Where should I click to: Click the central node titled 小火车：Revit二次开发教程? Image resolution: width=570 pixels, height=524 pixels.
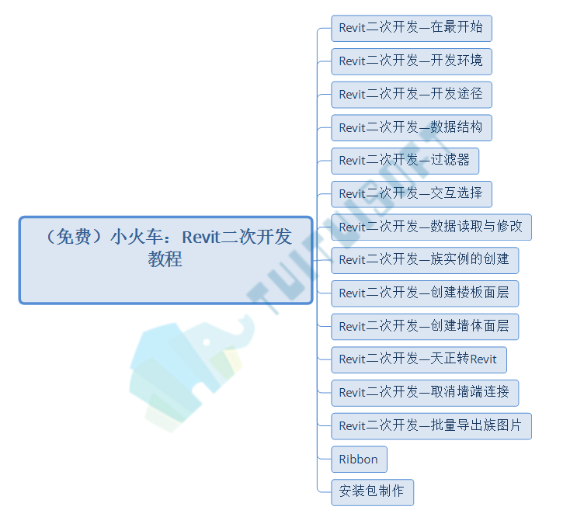coord(165,260)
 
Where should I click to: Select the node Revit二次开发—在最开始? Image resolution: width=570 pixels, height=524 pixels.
coord(412,29)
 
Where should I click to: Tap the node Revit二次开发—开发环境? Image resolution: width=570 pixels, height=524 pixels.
coord(412,61)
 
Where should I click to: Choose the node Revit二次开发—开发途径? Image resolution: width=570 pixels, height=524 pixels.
coord(412,95)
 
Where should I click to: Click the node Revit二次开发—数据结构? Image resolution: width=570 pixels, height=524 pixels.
coord(412,128)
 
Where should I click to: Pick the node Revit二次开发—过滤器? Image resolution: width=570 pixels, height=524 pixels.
coord(405,161)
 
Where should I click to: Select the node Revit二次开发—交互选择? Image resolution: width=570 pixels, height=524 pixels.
coord(412,194)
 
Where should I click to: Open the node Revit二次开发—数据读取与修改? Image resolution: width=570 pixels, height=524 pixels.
coord(431,227)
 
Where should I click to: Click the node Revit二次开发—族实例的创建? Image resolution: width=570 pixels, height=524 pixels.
coord(425,260)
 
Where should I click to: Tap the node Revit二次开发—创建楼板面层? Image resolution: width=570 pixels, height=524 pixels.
coord(425,293)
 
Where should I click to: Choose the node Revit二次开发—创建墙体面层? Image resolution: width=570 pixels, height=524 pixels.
coord(425,327)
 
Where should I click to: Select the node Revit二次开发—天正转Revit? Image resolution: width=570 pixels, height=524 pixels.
coord(419,359)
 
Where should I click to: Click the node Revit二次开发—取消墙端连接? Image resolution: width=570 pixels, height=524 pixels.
coord(425,393)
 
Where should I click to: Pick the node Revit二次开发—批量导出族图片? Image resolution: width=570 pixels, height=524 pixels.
coord(431,426)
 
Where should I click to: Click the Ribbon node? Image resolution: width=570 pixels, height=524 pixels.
coord(359,460)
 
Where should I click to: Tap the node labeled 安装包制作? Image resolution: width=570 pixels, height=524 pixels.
coord(372,492)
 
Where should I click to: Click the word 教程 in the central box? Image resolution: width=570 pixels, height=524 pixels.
coord(165,259)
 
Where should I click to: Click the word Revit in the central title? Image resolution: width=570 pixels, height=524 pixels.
coord(201,238)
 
